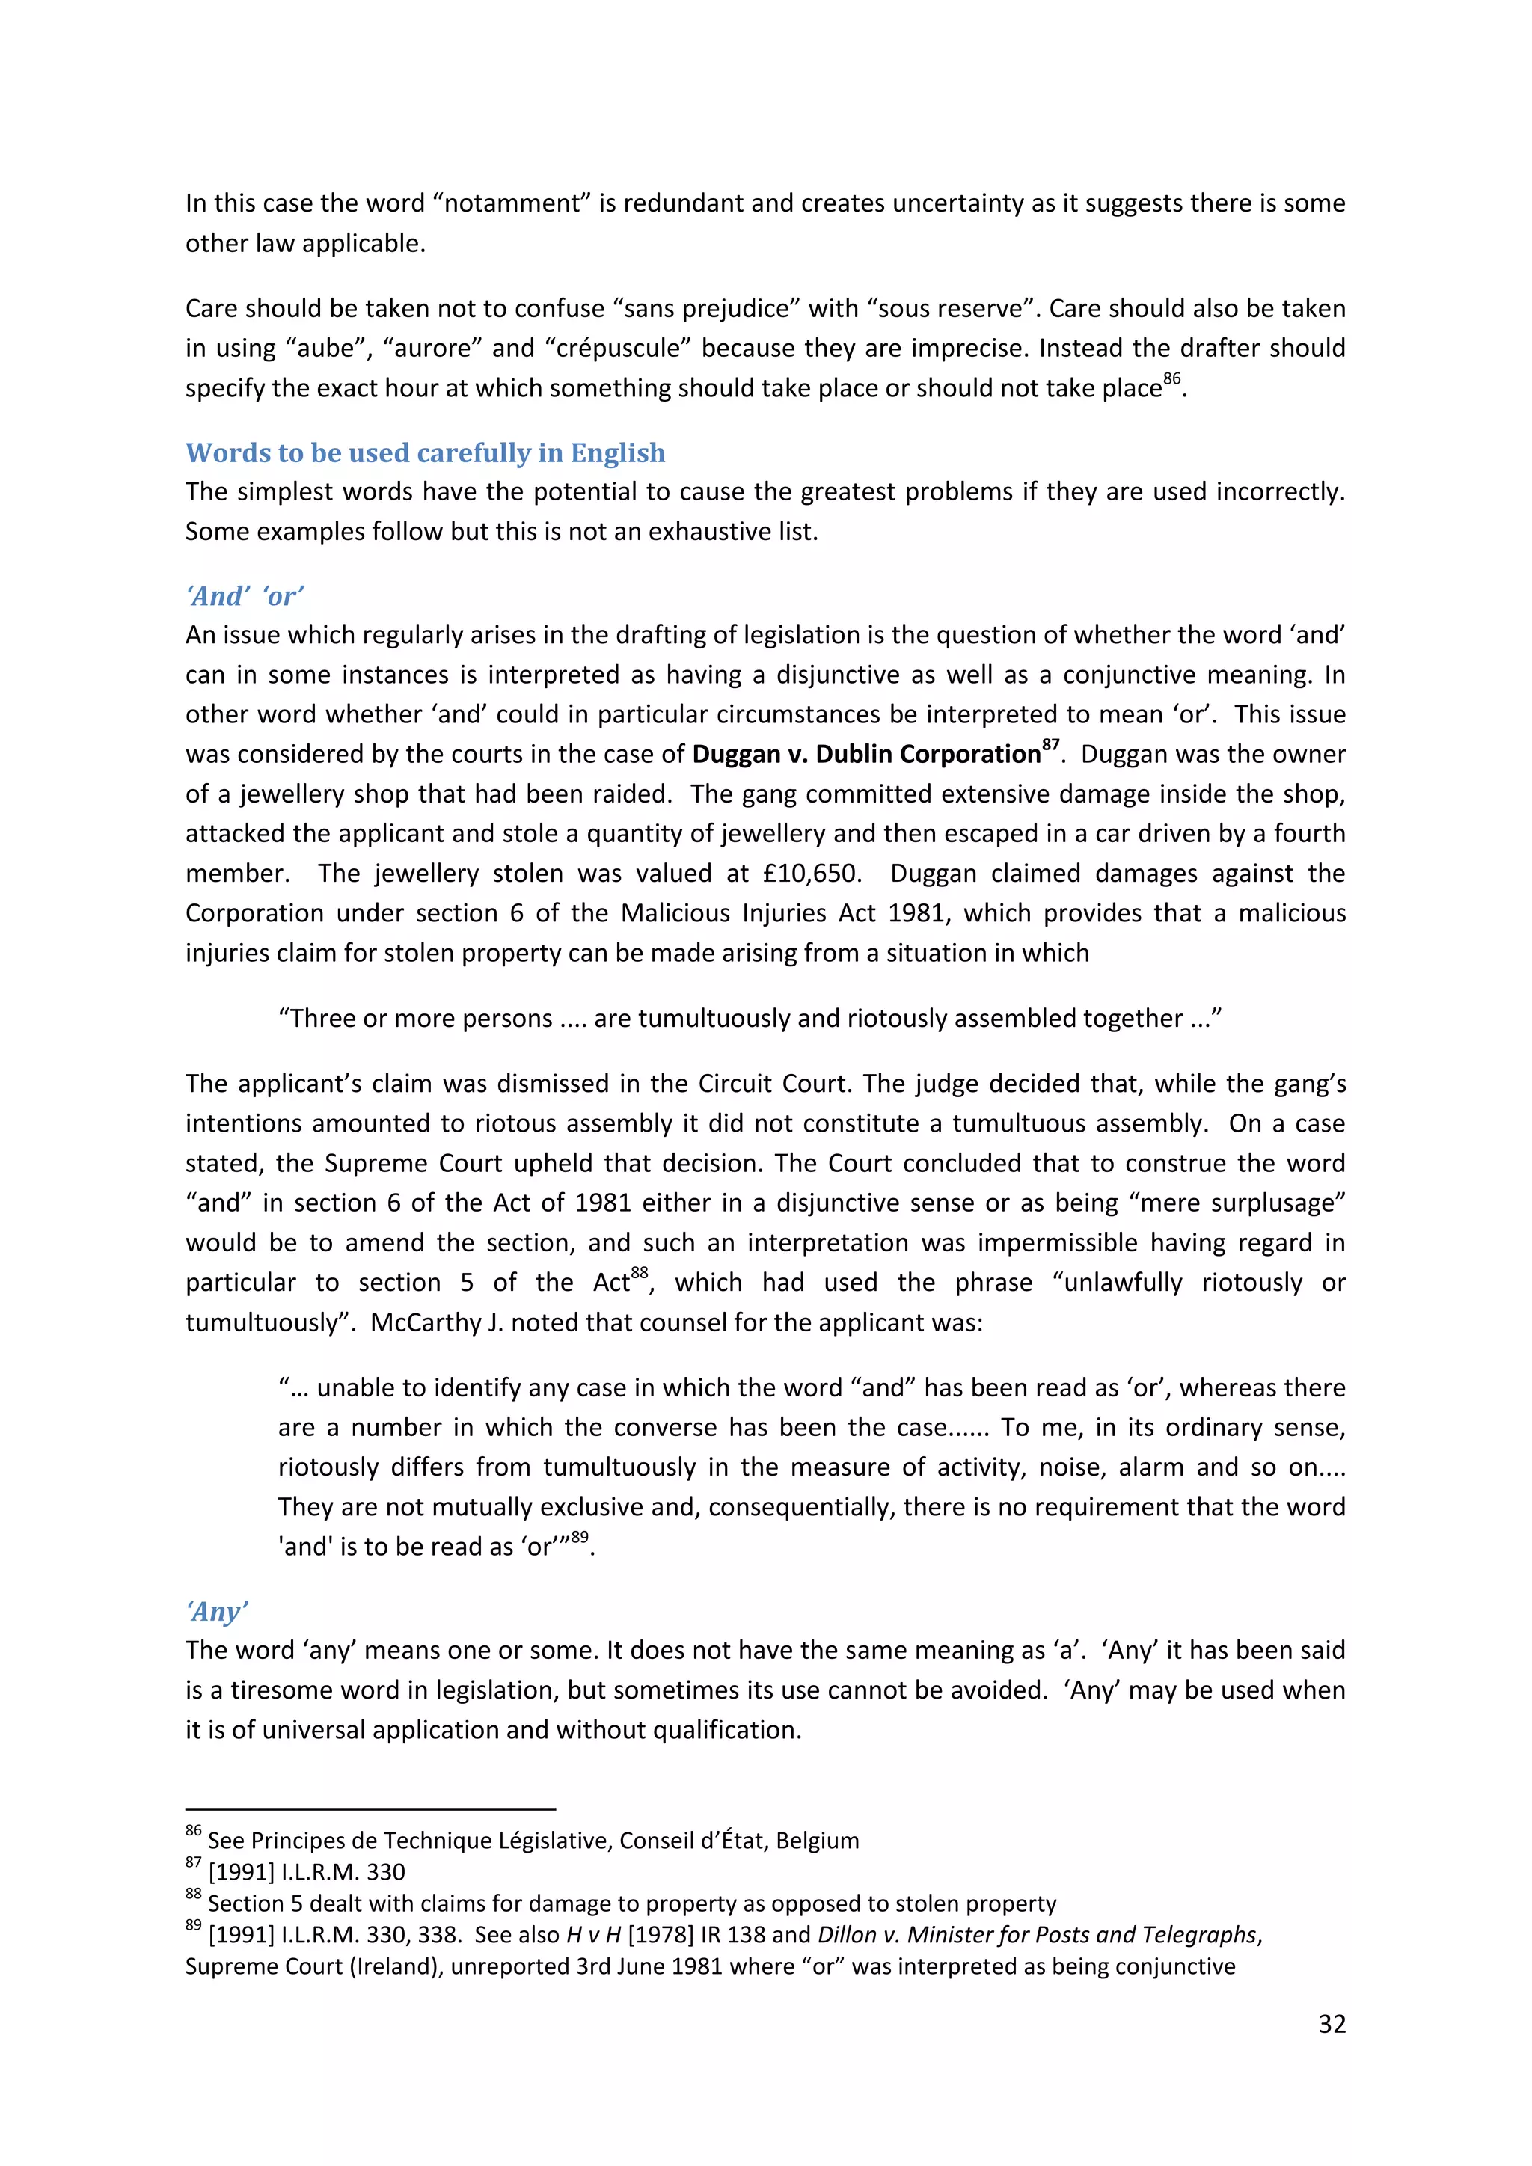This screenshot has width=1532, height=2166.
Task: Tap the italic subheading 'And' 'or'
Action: click(x=245, y=596)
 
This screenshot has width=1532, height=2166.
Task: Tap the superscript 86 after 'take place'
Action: click(x=1171, y=379)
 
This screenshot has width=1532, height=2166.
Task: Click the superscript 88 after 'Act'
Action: click(x=640, y=1274)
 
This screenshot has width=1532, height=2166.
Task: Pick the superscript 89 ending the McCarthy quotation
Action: click(x=579, y=1538)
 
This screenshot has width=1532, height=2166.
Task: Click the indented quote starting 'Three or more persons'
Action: click(x=750, y=1019)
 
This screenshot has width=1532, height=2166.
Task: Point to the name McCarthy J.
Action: click(x=436, y=1322)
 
